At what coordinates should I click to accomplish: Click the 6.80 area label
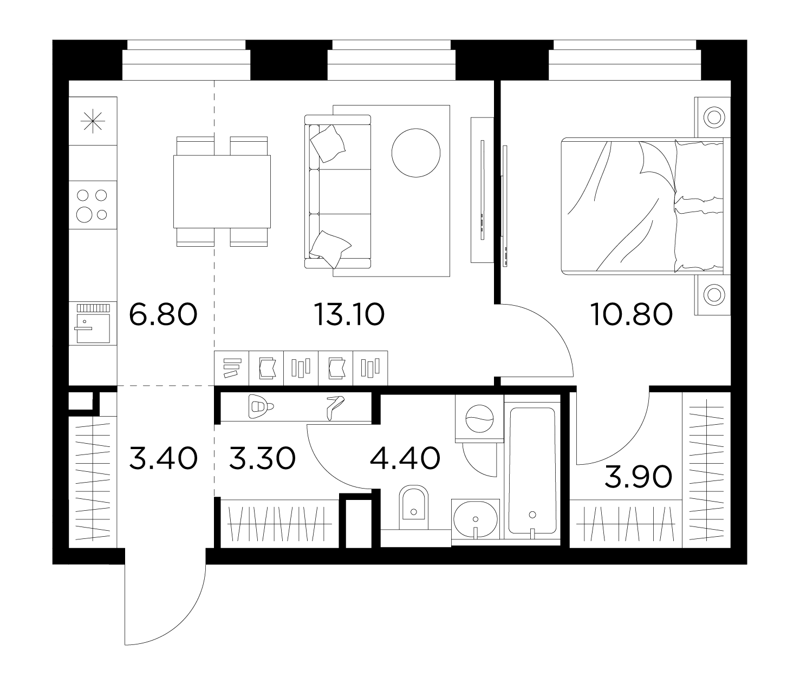(163, 314)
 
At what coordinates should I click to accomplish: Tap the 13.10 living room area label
(349, 314)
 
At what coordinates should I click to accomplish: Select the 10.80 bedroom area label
(631, 314)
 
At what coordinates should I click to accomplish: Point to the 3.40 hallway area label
(164, 458)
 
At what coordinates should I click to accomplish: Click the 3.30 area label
(262, 458)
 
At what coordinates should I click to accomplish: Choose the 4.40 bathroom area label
(405, 458)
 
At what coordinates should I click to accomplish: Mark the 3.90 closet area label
(638, 477)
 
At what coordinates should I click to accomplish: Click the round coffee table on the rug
(415, 153)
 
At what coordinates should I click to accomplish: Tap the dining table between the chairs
(222, 192)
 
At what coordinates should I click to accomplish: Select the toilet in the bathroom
(413, 508)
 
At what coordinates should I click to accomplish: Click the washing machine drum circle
(479, 419)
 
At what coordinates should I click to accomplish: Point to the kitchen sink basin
(93, 328)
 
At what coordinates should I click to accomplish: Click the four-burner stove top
(93, 205)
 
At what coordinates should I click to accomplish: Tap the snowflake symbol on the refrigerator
(93, 121)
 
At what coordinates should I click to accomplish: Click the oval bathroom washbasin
(475, 519)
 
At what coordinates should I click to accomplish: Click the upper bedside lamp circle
(714, 117)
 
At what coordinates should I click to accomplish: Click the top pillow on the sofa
(328, 143)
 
